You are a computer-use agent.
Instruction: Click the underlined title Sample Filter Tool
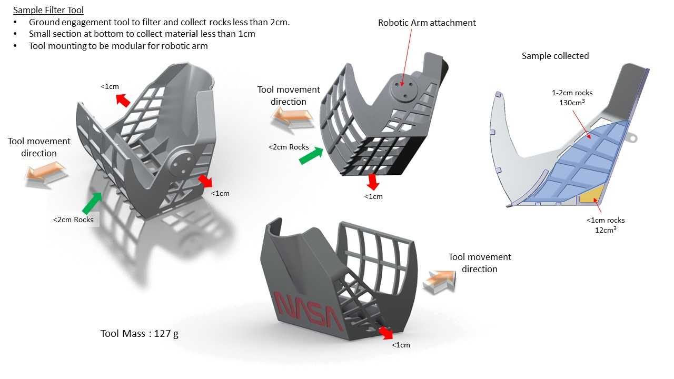[48, 10]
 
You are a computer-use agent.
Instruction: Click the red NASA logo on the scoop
[309, 311]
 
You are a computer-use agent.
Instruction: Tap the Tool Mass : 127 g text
[140, 334]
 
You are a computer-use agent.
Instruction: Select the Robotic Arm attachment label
[427, 23]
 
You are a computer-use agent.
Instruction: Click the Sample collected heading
[555, 56]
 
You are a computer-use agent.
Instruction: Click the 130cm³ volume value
[572, 103]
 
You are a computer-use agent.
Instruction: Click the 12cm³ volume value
[606, 230]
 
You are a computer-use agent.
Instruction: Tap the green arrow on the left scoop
[92, 203]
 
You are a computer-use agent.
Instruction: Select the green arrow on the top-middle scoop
[311, 155]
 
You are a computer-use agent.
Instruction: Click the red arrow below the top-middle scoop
[373, 182]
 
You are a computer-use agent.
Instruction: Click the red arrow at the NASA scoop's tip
[386, 333]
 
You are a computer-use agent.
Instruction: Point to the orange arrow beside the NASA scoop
[440, 281]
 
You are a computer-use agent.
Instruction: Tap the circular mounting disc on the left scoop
[182, 163]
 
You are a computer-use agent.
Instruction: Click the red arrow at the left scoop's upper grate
[123, 101]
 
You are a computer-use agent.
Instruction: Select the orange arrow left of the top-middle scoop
[292, 118]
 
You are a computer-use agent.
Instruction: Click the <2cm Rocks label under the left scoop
[73, 220]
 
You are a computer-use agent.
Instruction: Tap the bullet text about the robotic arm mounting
[118, 46]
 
